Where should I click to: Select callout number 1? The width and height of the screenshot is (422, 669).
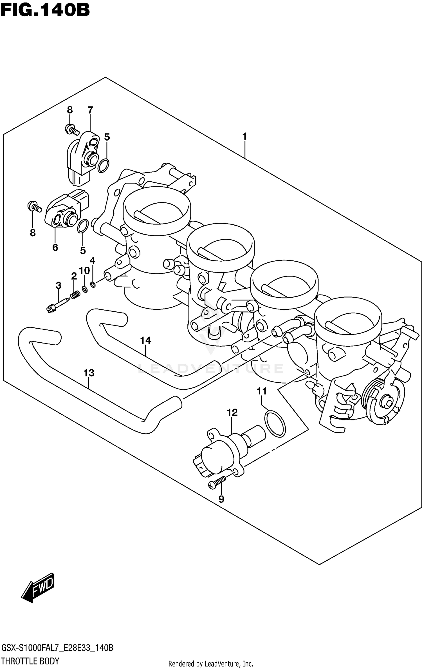(x=244, y=137)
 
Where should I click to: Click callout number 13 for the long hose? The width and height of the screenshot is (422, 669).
(x=89, y=373)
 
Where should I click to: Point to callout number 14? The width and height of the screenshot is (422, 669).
(x=145, y=341)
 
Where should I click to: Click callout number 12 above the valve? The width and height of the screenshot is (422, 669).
(x=232, y=413)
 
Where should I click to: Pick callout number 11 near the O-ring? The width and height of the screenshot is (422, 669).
(x=262, y=391)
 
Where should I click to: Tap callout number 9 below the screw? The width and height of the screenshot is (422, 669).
(x=221, y=499)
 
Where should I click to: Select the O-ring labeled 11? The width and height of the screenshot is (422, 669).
(x=275, y=424)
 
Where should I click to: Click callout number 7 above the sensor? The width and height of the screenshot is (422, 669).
(x=90, y=110)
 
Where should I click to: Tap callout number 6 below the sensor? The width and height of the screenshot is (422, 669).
(x=55, y=247)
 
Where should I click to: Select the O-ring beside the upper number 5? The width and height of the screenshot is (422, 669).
(x=103, y=165)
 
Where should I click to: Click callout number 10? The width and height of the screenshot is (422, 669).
(x=84, y=271)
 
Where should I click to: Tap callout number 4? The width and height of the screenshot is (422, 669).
(x=93, y=260)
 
